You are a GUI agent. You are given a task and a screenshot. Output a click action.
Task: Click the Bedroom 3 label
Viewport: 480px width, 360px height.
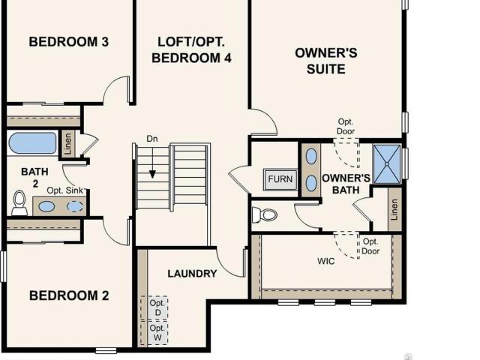[68, 42]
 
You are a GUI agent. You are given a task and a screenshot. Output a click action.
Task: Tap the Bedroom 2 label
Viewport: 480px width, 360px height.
[69, 295]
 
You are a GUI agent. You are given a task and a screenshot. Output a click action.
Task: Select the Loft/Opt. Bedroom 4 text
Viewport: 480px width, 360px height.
[191, 50]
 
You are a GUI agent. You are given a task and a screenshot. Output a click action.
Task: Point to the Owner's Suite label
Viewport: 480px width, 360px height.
[326, 61]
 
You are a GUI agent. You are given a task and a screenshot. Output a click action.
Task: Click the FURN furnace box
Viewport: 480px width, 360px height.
[280, 179]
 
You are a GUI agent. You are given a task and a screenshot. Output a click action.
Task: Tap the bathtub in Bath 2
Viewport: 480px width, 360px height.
[32, 143]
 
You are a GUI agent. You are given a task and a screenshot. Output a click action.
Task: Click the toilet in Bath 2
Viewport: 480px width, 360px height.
[19, 202]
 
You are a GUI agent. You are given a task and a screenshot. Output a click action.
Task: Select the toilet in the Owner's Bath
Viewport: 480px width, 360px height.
[265, 214]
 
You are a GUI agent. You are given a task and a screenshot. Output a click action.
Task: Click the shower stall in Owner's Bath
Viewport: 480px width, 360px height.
[387, 164]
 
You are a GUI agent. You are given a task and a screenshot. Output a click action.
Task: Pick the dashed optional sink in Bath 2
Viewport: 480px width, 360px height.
[75, 206]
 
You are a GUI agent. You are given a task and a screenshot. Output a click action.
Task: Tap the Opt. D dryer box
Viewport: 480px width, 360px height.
[157, 307]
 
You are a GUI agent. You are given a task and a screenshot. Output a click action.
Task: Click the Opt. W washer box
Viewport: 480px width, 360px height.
[157, 333]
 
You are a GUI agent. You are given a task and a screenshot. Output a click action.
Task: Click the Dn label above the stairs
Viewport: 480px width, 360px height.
[152, 139]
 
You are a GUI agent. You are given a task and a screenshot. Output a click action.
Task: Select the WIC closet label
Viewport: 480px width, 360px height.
[325, 261]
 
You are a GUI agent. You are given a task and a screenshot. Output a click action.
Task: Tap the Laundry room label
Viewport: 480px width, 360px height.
[192, 273]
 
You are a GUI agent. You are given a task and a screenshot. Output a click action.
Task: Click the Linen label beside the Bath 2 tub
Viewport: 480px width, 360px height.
[68, 143]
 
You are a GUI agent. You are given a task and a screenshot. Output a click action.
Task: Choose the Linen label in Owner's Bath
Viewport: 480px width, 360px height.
[394, 210]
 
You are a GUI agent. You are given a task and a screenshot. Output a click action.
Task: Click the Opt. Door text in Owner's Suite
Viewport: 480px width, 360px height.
[346, 127]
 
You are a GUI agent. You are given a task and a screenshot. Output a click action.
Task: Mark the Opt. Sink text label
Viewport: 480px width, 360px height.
[65, 190]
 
